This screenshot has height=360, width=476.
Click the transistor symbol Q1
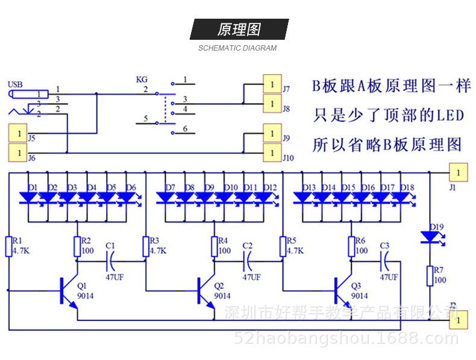67,291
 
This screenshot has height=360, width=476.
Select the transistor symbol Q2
205,291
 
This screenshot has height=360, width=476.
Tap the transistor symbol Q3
342,291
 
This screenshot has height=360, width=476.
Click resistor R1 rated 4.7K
9,246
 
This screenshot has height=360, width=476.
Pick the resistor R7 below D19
429,276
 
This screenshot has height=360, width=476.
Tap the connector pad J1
458,172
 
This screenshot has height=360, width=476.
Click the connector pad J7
272,84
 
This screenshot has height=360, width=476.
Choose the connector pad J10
272,153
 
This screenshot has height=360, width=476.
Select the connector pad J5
17,131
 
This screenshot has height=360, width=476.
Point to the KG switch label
142,80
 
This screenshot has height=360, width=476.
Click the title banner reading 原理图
239,30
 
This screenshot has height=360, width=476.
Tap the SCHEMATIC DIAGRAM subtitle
237,48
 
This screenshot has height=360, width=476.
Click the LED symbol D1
29,197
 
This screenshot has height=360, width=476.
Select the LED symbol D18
401,197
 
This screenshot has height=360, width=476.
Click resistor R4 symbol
215,246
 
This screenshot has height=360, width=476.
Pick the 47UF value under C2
251,277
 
